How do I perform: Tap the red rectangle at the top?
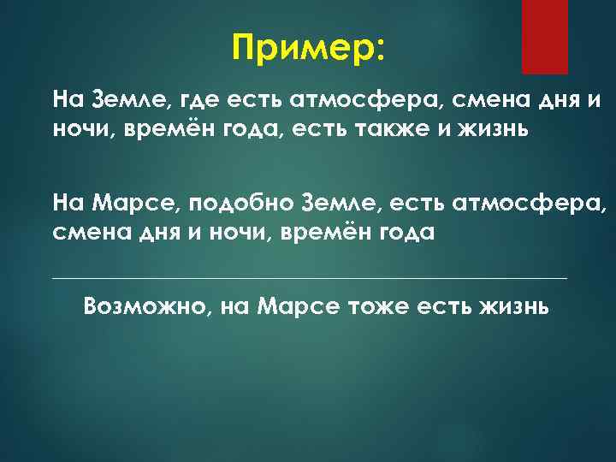(544, 36)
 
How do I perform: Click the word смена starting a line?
(86, 232)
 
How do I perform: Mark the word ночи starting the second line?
(78, 130)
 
